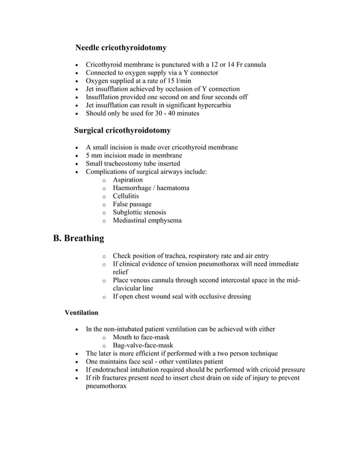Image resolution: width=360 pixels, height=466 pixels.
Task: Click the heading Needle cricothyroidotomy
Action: pyautogui.click(x=121, y=48)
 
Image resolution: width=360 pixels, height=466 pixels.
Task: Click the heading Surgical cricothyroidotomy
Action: pyautogui.click(x=122, y=130)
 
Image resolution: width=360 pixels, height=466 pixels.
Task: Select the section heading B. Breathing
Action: pyautogui.click(x=78, y=238)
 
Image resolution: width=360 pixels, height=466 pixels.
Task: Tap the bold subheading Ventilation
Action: pyautogui.click(x=81, y=312)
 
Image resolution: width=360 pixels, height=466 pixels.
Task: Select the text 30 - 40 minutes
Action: pyautogui.click(x=171, y=113)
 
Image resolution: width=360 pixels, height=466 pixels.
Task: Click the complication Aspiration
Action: pyautogui.click(x=128, y=180)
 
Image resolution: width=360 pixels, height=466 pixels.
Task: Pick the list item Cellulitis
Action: pyautogui.click(x=125, y=196)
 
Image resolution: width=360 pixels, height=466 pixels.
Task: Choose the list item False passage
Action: pyautogui.click(x=132, y=204)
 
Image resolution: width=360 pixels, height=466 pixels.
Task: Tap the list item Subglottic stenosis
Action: pyautogui.click(x=139, y=212)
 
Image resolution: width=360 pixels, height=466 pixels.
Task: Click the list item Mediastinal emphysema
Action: pyautogui.click(x=147, y=221)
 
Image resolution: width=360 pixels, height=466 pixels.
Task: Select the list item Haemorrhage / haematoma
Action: pyautogui.click(x=151, y=188)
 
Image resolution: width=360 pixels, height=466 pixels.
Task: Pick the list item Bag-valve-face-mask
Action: pyautogui.click(x=143, y=345)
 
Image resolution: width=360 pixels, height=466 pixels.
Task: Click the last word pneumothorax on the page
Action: pyautogui.click(x=106, y=386)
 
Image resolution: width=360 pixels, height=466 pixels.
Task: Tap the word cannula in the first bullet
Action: pyautogui.click(x=253, y=64)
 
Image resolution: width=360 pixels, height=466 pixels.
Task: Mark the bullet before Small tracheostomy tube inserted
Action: pyautogui.click(x=77, y=164)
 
